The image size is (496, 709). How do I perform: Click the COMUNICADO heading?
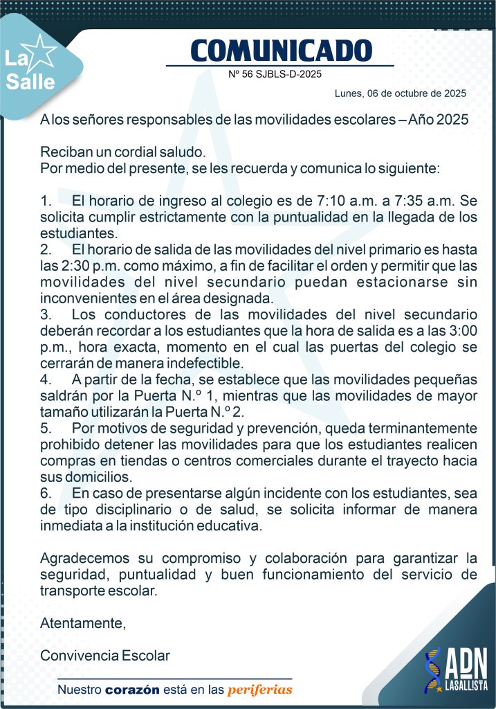click(x=280, y=50)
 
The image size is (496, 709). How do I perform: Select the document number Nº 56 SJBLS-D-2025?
click(x=275, y=73)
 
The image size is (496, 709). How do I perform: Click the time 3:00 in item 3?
click(x=461, y=331)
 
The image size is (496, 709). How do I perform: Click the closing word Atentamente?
click(x=83, y=622)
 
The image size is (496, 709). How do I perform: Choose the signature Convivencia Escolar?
click(x=105, y=655)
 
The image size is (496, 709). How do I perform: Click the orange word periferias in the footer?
click(x=259, y=690)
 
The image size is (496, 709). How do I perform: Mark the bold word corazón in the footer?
click(x=132, y=690)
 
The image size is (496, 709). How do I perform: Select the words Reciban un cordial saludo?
click(x=122, y=152)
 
